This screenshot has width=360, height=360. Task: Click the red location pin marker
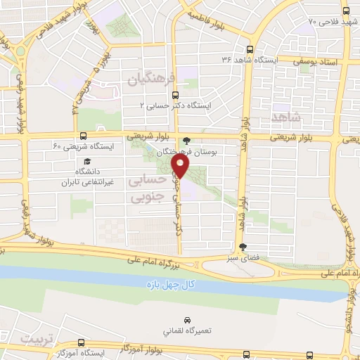tap(181, 167)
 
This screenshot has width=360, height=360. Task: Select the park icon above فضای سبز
tap(243, 247)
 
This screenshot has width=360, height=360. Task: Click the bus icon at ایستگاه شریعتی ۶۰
tap(84, 136)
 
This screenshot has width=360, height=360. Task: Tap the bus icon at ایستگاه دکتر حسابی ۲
tap(175, 95)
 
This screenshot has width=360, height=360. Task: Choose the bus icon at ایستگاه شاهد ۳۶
tap(250, 49)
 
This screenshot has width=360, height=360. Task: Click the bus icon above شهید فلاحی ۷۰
tap(345, 11)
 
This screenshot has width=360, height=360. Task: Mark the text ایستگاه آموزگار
tap(80, 352)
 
